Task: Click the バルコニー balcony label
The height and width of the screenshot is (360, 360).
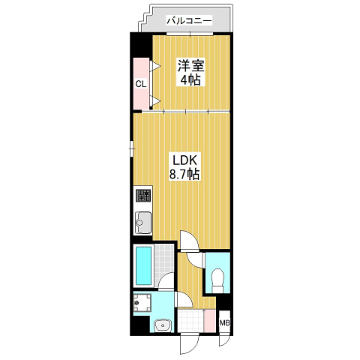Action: (x=189, y=20)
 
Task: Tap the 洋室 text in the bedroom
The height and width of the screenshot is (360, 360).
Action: (x=191, y=65)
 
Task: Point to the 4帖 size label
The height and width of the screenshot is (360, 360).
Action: (x=190, y=80)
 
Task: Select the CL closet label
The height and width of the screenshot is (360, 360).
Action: (x=141, y=84)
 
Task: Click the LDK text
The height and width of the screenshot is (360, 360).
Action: (x=184, y=160)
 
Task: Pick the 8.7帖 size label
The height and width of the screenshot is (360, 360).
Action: (x=184, y=174)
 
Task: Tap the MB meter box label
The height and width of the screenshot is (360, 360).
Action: (x=224, y=323)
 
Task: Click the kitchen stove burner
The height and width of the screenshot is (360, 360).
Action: (x=143, y=196)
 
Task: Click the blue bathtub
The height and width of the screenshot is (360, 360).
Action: (x=143, y=265)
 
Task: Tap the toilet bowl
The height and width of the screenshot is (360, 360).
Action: (x=217, y=280)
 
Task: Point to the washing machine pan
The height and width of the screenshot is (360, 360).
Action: (x=142, y=302)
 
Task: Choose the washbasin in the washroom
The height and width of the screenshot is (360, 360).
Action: (x=163, y=325)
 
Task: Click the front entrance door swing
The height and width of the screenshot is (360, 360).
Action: (x=189, y=344)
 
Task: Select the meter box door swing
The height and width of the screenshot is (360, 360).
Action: (x=224, y=340)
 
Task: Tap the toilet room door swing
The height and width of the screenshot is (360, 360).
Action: (x=194, y=260)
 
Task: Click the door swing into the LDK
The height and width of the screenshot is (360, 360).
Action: (x=190, y=240)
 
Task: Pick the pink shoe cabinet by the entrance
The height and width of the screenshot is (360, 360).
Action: (x=209, y=321)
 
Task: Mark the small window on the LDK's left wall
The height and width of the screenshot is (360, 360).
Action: (x=132, y=149)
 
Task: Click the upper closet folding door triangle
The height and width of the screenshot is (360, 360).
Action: (x=155, y=66)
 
